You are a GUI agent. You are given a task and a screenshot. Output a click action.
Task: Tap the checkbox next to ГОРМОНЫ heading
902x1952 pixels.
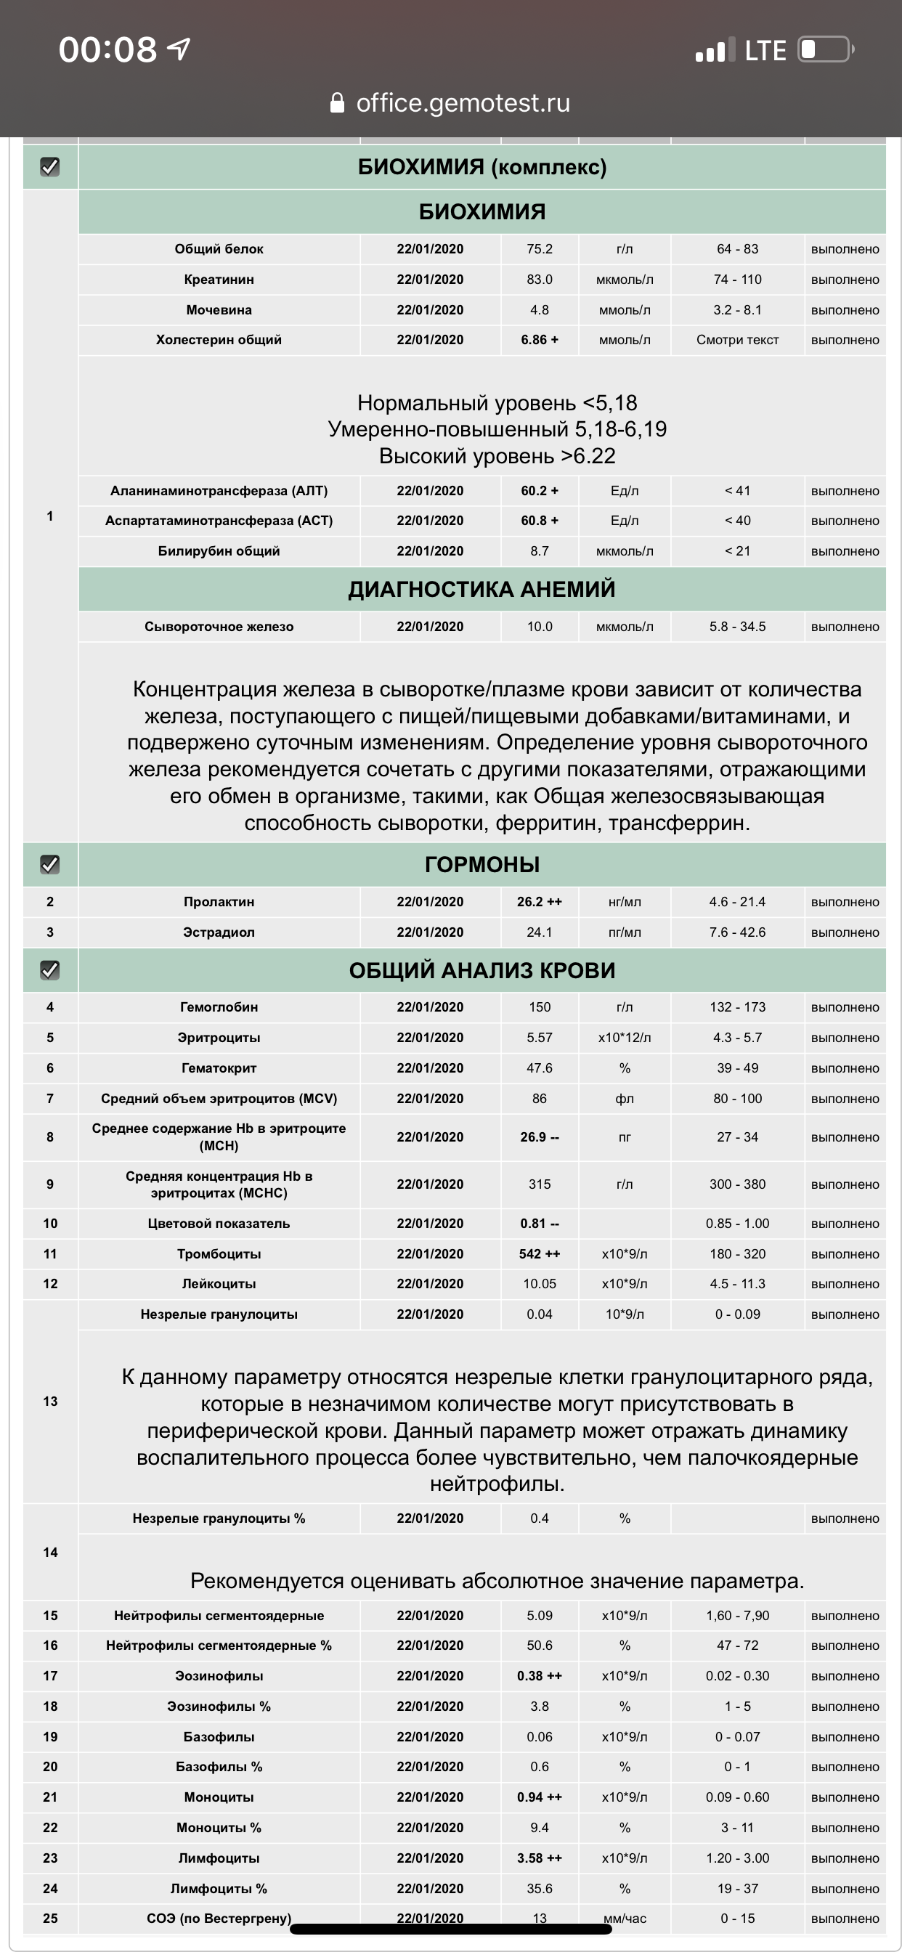[50, 864]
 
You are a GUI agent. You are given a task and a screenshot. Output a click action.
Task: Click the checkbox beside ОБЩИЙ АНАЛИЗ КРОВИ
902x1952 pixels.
[50, 970]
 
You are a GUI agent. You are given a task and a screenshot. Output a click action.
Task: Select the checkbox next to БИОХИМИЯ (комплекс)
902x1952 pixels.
[50, 167]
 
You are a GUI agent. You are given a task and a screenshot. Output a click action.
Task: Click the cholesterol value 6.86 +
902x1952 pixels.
[539, 339]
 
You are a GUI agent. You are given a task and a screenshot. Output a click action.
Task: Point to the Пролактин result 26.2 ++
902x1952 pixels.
[539, 902]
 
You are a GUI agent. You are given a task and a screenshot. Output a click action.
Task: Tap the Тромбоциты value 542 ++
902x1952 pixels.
[539, 1254]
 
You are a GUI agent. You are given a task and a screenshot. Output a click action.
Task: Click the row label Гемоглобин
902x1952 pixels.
[219, 1007]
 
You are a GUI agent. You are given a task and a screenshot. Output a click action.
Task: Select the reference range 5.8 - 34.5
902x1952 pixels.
[736, 627]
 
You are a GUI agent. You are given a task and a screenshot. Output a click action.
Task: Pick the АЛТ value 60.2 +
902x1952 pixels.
[539, 491]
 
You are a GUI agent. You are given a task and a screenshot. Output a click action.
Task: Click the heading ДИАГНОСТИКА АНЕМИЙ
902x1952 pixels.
[482, 590]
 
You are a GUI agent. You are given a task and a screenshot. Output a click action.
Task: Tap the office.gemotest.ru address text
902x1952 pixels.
[463, 103]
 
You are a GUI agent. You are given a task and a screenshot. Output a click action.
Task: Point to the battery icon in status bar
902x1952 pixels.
[826, 50]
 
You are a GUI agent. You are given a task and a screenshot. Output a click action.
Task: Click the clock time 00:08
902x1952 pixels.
[107, 50]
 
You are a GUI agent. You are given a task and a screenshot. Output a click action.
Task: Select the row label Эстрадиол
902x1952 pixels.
[219, 932]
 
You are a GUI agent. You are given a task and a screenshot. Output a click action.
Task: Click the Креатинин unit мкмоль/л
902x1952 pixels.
[624, 280]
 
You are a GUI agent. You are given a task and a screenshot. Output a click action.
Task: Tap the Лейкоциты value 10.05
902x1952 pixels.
[539, 1284]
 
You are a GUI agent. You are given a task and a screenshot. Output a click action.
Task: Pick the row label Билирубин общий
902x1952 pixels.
[219, 551]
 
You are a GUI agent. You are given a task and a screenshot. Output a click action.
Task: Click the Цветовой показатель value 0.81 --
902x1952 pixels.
[539, 1224]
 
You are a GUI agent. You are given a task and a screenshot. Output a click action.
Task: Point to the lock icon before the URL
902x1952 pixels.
[337, 103]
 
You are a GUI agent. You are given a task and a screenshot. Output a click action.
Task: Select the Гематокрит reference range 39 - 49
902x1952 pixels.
[736, 1067]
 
